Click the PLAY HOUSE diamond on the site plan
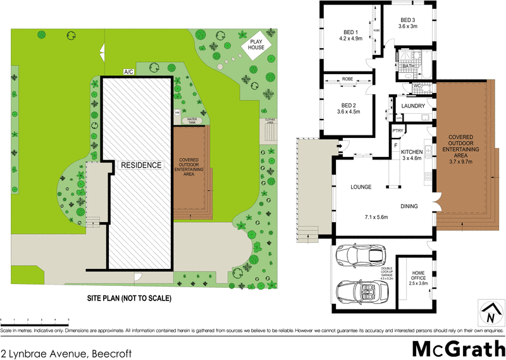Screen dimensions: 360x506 point(256,44)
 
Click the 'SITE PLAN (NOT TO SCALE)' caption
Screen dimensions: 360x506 point(129,297)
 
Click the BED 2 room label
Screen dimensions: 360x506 point(350,105)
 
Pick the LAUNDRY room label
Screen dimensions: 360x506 point(413,106)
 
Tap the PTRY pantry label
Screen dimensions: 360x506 point(397,131)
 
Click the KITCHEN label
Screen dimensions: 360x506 point(411,152)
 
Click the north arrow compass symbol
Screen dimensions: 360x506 point(488,312)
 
